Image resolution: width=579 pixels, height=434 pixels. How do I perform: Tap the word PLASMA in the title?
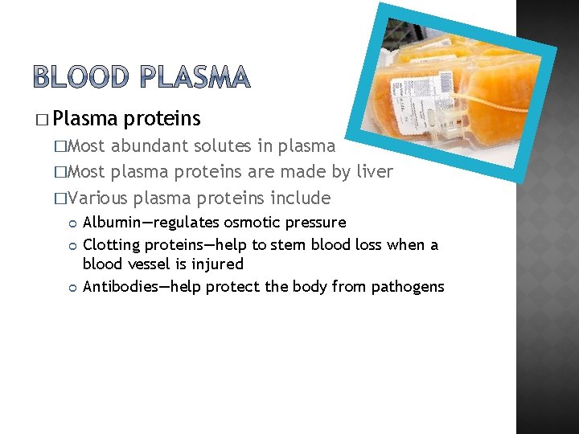[195, 77]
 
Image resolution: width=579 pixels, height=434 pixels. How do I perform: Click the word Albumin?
[113, 222]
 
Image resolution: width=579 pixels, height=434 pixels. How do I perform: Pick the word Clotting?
[111, 244]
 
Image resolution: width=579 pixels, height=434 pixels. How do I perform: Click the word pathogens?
[408, 286]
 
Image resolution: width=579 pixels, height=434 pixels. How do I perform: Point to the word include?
[301, 198]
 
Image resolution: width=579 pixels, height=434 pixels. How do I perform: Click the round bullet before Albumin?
[73, 223]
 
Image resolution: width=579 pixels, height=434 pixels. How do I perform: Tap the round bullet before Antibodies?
[73, 287]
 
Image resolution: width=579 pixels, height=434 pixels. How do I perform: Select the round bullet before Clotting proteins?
[73, 245]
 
